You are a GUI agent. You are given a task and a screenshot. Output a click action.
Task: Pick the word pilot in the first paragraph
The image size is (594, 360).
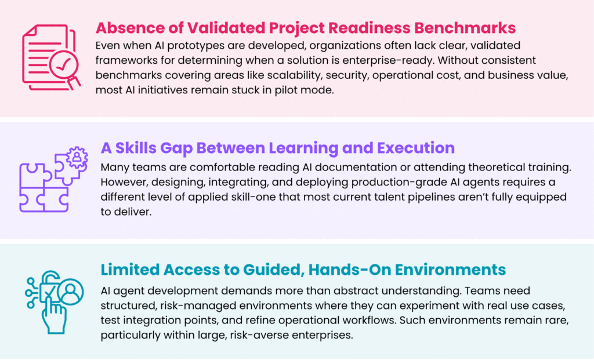tap(284, 90)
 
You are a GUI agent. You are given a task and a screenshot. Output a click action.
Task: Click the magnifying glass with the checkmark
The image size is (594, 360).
tap(63, 65)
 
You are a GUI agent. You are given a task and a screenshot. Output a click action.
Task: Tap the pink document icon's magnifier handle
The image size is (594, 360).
tap(75, 82)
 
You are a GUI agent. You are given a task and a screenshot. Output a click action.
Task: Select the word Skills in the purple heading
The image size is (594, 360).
tap(136, 148)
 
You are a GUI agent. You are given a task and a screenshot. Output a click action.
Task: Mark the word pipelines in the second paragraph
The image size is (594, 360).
tap(431, 197)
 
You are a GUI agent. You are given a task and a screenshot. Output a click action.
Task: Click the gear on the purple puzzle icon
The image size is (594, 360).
tap(77, 157)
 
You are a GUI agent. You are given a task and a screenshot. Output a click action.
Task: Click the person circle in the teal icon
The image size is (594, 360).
tap(70, 292)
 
